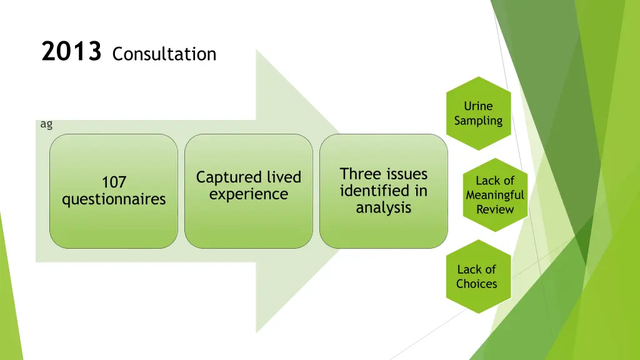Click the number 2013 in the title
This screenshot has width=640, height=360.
click(71, 52)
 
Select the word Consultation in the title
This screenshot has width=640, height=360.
click(164, 54)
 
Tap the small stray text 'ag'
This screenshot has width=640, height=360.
click(46, 124)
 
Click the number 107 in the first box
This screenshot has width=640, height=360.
click(114, 182)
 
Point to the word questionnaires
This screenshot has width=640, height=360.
click(114, 199)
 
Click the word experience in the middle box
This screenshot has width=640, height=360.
click(249, 194)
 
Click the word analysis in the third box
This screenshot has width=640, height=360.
click(384, 207)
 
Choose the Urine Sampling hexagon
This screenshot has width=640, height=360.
click(478, 113)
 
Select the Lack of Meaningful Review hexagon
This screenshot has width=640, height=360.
click(494, 195)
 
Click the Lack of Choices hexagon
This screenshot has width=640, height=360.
click(477, 276)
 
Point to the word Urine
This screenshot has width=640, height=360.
click(478, 106)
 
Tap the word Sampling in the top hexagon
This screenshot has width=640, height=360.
click(478, 121)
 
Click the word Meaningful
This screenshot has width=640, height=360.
click(494, 195)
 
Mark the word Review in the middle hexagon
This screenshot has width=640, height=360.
click(494, 209)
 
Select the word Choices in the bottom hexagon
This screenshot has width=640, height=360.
click(477, 284)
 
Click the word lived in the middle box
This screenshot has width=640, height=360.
click(284, 177)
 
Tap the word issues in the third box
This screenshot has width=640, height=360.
click(407, 174)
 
